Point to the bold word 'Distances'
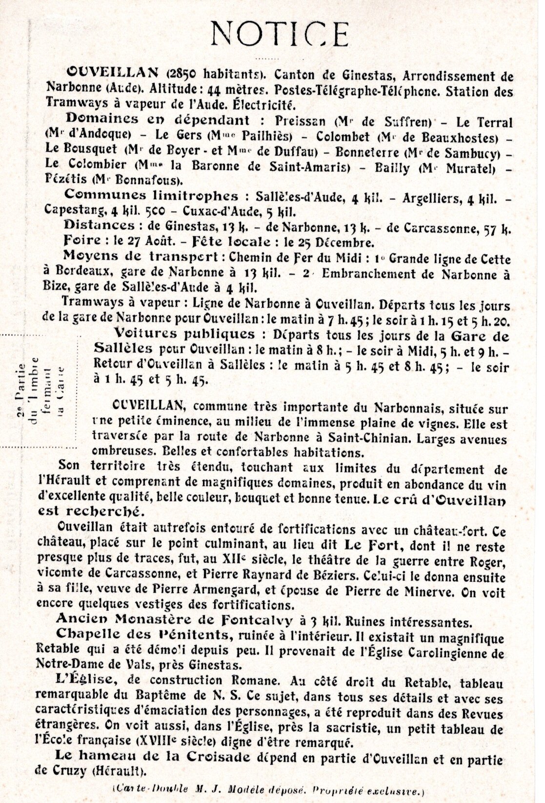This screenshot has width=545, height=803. (100, 226)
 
